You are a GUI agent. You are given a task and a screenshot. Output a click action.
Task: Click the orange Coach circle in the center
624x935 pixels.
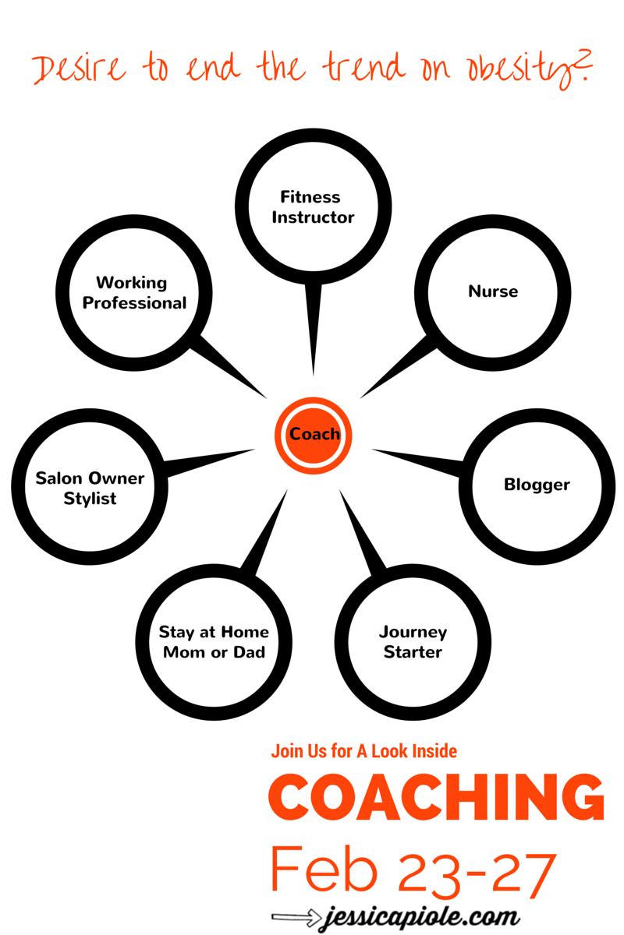point(313,436)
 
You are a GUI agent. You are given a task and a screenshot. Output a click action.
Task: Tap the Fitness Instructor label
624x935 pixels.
point(313,207)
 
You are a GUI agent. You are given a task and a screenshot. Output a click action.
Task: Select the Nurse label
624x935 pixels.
point(493,291)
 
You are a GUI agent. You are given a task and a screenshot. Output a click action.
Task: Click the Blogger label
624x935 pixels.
point(537,485)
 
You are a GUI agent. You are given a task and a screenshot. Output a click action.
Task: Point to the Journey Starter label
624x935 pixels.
point(413,641)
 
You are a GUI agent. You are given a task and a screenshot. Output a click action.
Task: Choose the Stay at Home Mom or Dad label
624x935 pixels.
point(214,642)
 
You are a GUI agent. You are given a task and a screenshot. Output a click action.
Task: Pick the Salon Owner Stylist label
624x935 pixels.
point(90,489)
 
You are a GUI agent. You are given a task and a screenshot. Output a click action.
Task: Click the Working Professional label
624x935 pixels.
point(134,293)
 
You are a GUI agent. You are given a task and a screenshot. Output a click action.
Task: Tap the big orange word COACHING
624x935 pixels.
point(436,798)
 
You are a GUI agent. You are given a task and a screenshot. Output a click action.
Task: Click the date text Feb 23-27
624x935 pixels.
point(413,873)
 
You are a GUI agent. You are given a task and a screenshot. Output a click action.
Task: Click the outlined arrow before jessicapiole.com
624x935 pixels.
point(296,917)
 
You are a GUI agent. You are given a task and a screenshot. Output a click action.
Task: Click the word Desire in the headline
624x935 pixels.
point(79,69)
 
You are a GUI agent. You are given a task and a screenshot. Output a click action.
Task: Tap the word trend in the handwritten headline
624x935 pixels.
point(363,67)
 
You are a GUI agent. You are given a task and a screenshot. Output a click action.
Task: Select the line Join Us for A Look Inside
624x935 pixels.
point(364,751)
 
